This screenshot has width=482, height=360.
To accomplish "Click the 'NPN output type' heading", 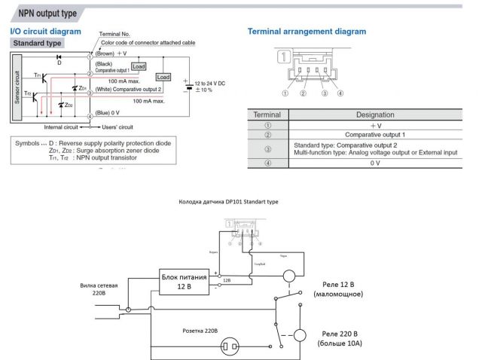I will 41,14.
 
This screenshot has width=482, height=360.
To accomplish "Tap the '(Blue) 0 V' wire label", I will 108,115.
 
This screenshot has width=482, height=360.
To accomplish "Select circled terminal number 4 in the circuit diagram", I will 90,116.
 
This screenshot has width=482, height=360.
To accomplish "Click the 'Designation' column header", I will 374,115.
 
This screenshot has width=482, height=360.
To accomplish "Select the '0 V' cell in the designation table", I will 374,163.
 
